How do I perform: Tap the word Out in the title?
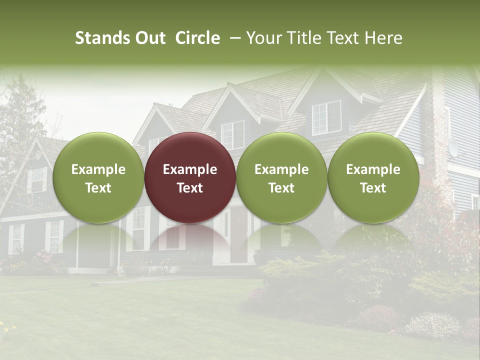coord(149,38)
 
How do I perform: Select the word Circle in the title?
coord(197,38)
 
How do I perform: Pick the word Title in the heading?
coord(304,38)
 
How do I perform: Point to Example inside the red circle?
coord(190,169)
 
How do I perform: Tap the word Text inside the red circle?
coord(190,188)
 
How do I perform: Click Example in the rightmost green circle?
coord(373,169)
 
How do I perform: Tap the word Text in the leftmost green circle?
coord(98,188)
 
